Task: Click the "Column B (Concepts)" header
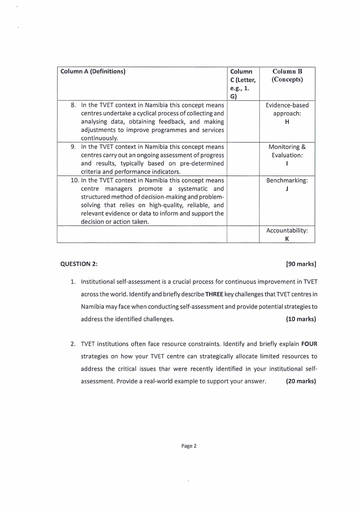pyautogui.click(x=287, y=75)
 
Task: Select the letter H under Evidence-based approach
pyautogui.click(x=287, y=122)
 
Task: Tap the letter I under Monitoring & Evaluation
pyautogui.click(x=287, y=163)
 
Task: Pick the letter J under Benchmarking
pyautogui.click(x=287, y=189)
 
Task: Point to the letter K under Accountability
pyautogui.click(x=287, y=239)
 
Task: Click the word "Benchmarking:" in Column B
pyautogui.click(x=287, y=180)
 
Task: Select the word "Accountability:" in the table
pyautogui.click(x=287, y=230)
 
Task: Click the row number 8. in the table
pyautogui.click(x=74, y=105)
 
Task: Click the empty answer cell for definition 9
pyautogui.click(x=243, y=159)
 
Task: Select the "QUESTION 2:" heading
pyautogui.click(x=78, y=264)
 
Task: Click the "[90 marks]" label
pyautogui.click(x=301, y=264)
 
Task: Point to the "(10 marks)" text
pyautogui.click(x=301, y=319)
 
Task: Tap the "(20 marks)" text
pyautogui.click(x=301, y=381)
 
